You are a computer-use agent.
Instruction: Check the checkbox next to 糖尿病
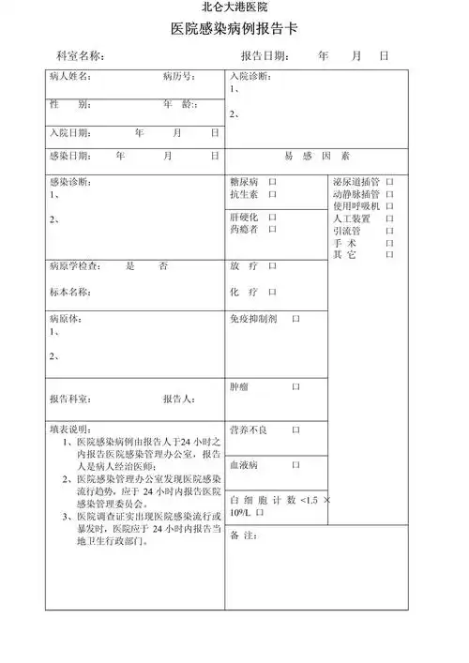coord(272,180)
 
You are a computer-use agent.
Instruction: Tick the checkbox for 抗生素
coord(272,194)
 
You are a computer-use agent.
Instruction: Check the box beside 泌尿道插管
coord(389,180)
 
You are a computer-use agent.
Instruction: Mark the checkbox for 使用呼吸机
coord(389,205)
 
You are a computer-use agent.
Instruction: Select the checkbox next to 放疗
coord(272,266)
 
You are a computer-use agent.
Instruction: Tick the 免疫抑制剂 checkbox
coord(295,320)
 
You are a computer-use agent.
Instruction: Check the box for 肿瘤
coord(295,386)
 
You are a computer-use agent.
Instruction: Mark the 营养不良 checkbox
coord(295,429)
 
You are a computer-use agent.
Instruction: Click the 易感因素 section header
coord(316,156)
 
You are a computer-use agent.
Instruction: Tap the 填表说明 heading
coord(70,429)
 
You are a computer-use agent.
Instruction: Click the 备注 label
coord(243,535)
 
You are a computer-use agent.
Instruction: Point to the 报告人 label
coord(178,399)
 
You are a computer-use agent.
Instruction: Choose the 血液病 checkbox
coord(295,464)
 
